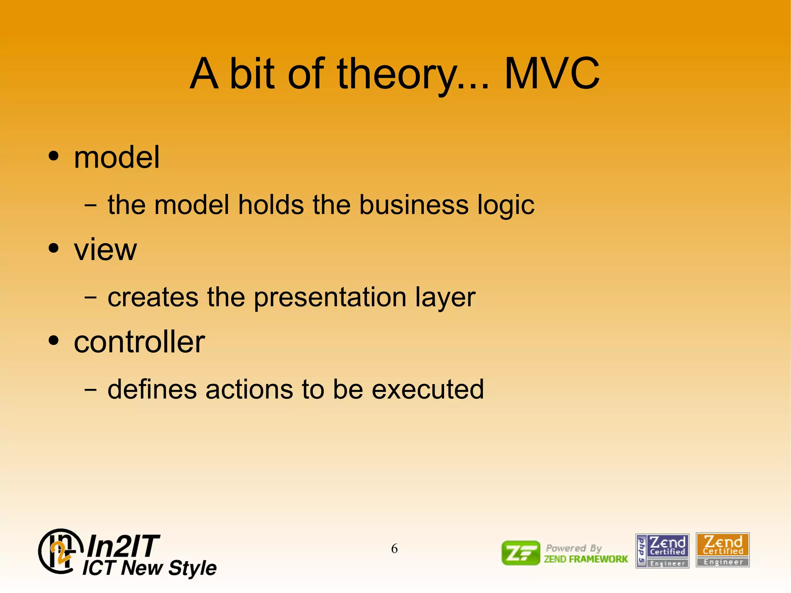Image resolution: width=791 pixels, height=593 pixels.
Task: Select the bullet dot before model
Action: click(54, 156)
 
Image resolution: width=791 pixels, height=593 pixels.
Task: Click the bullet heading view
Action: click(105, 250)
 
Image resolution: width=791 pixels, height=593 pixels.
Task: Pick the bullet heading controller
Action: click(139, 342)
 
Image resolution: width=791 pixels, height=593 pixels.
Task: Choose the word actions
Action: click(249, 389)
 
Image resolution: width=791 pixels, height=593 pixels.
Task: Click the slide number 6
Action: click(394, 549)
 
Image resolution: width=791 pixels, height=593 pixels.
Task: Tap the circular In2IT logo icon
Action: click(60, 551)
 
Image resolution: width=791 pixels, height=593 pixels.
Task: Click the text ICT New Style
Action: click(149, 568)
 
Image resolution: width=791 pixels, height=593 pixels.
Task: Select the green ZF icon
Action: click(520, 553)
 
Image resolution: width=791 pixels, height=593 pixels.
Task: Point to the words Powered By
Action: click(574, 548)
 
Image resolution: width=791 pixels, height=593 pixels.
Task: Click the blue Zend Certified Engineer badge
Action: click(662, 551)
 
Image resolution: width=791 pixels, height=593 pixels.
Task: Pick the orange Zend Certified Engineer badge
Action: click(722, 550)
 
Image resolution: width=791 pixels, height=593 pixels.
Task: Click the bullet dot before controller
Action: click(54, 341)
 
